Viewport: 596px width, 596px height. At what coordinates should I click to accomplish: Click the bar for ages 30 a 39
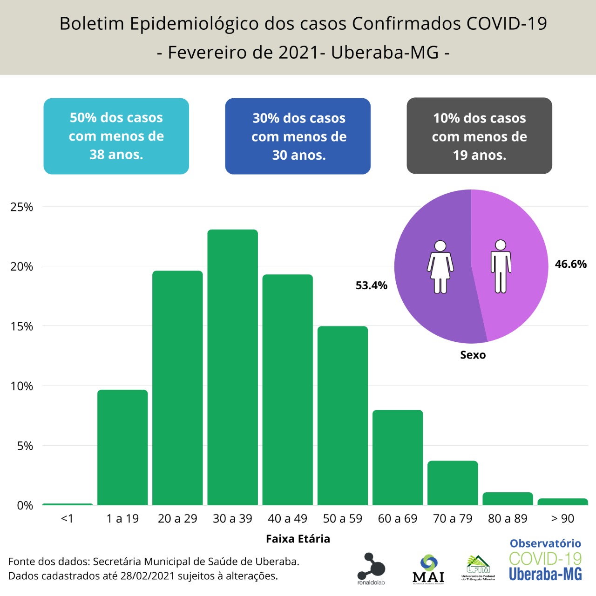click(x=232, y=368)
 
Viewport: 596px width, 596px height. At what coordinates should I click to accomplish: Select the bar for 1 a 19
click(x=122, y=447)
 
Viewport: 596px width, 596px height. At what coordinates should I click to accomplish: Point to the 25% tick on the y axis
click(x=22, y=207)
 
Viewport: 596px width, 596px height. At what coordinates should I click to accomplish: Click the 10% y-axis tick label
click(x=22, y=386)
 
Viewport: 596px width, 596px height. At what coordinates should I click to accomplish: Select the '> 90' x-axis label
click(x=562, y=519)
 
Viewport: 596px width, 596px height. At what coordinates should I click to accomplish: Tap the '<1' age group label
click(x=67, y=519)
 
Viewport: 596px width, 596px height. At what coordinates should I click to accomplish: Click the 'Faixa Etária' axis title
click(x=298, y=539)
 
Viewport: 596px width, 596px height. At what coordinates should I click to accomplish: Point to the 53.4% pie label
click(x=372, y=285)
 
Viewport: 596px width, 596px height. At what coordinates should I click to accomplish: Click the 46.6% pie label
click(x=570, y=264)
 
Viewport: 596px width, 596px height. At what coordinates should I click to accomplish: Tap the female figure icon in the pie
click(x=440, y=267)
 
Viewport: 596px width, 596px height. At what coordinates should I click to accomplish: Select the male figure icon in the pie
click(x=501, y=266)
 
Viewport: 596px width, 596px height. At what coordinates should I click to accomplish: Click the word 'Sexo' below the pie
click(x=473, y=355)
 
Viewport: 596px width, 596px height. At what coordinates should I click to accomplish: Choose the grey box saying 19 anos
click(x=479, y=136)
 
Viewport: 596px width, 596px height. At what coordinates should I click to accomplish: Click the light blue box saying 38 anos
click(x=116, y=136)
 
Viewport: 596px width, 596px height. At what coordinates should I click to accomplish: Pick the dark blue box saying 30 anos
click(x=298, y=136)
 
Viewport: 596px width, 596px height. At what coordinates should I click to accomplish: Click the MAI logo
click(x=428, y=569)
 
